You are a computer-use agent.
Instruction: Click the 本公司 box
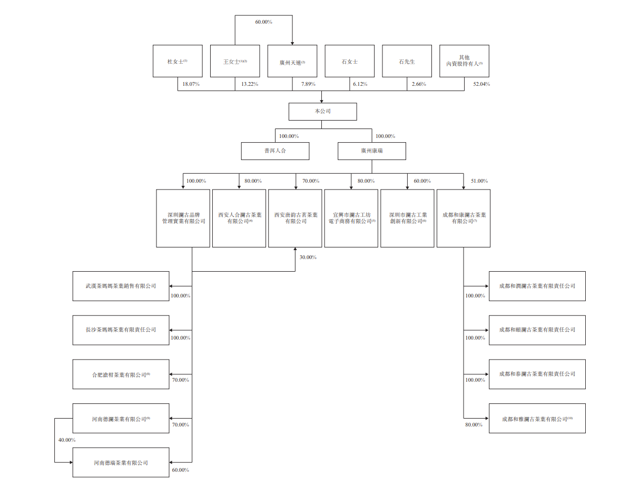pos(322,112)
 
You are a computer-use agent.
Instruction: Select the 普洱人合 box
pos(275,151)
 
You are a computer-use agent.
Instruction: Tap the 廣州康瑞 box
pos(371,151)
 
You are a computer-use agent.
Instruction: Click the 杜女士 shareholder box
pos(178,61)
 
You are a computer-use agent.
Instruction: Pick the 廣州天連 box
pos(292,61)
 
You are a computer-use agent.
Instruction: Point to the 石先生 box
pos(407,61)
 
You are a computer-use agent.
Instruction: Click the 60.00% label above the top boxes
pos(263,22)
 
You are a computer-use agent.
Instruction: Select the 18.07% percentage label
pos(191,84)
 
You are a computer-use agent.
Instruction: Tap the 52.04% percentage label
pos(481,84)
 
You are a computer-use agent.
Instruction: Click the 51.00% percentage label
pos(479,181)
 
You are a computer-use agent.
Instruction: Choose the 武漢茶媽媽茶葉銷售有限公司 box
pos(121,286)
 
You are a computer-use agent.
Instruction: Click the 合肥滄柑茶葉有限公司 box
pos(121,374)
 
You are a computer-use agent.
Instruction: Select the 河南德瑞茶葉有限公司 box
pos(121,463)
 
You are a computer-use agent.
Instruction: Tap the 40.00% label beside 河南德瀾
pos(67,440)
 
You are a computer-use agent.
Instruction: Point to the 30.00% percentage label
pos(308,257)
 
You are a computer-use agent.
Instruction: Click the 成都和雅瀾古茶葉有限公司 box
pos(537,419)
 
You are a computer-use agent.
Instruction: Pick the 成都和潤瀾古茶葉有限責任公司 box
pos(537,286)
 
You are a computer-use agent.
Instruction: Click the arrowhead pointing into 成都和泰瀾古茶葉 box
pos(486,374)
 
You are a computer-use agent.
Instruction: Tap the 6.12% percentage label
pos(360,84)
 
